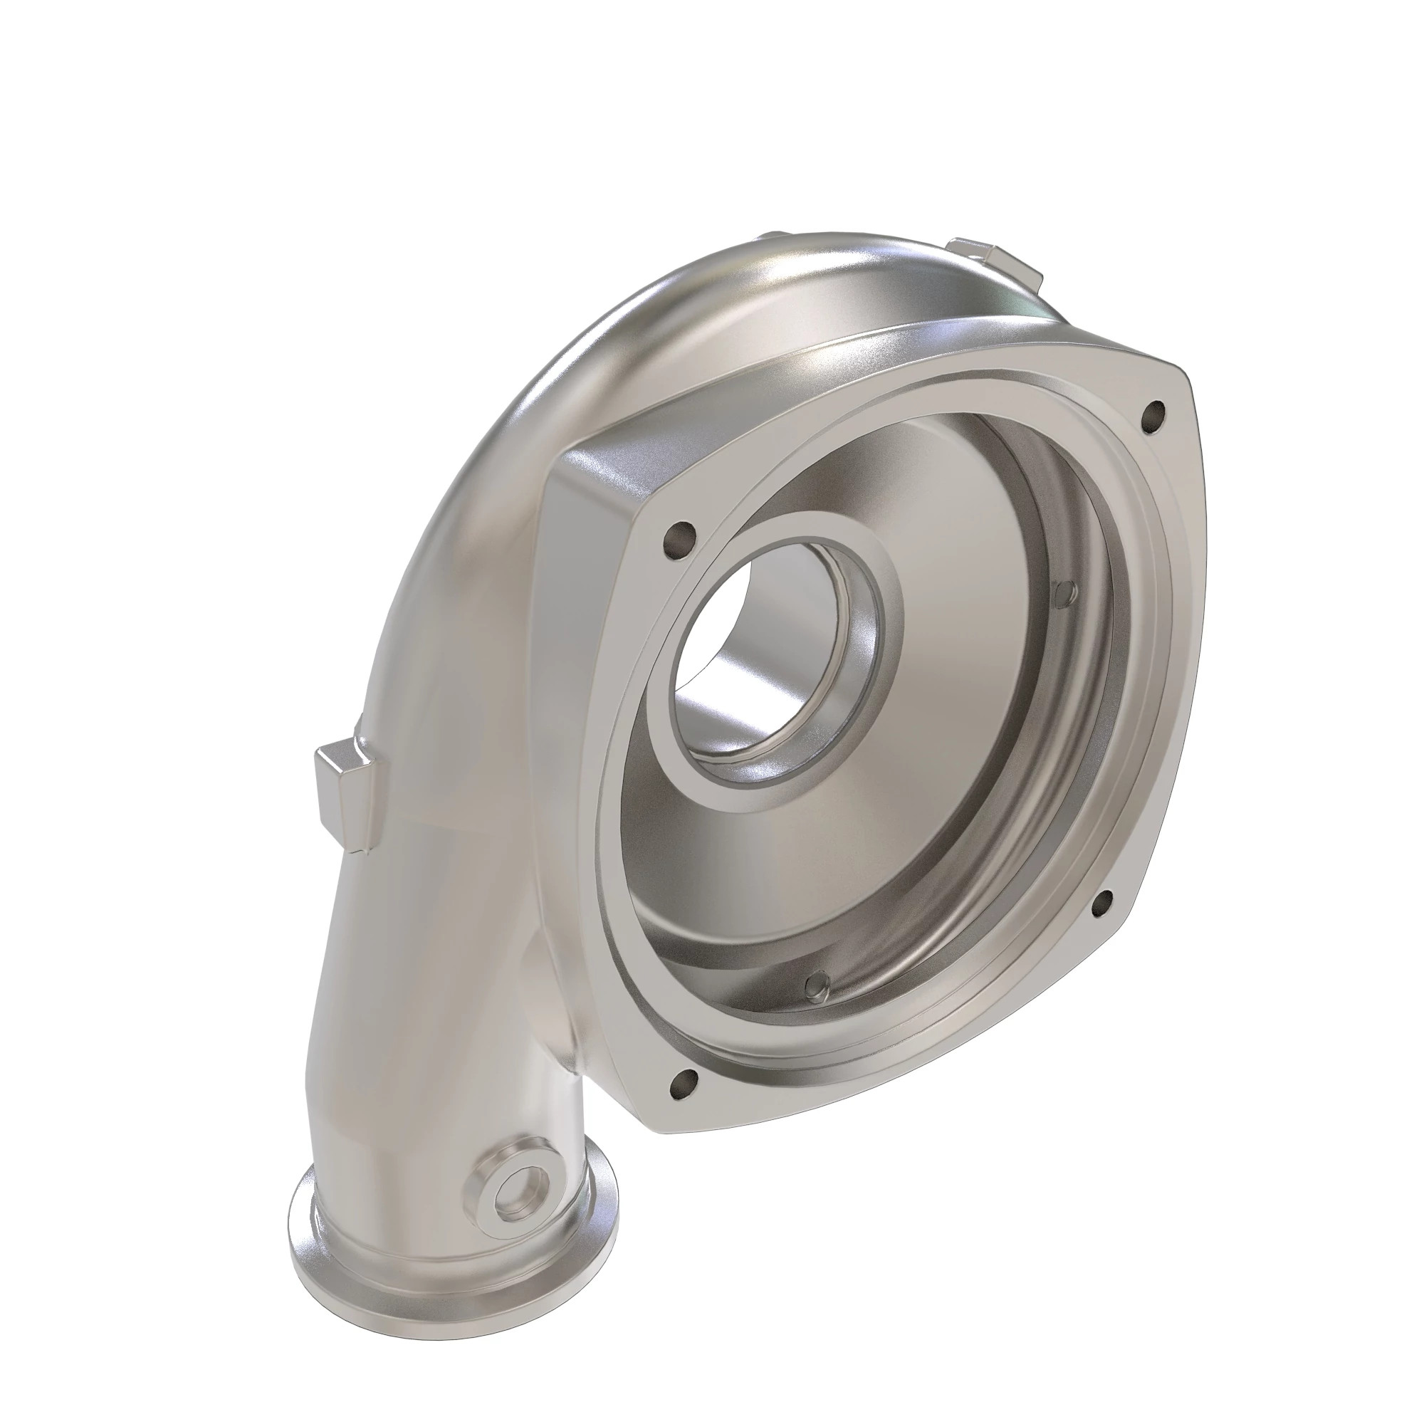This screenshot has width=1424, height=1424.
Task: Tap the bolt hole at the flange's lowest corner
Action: [x=682, y=1104]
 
